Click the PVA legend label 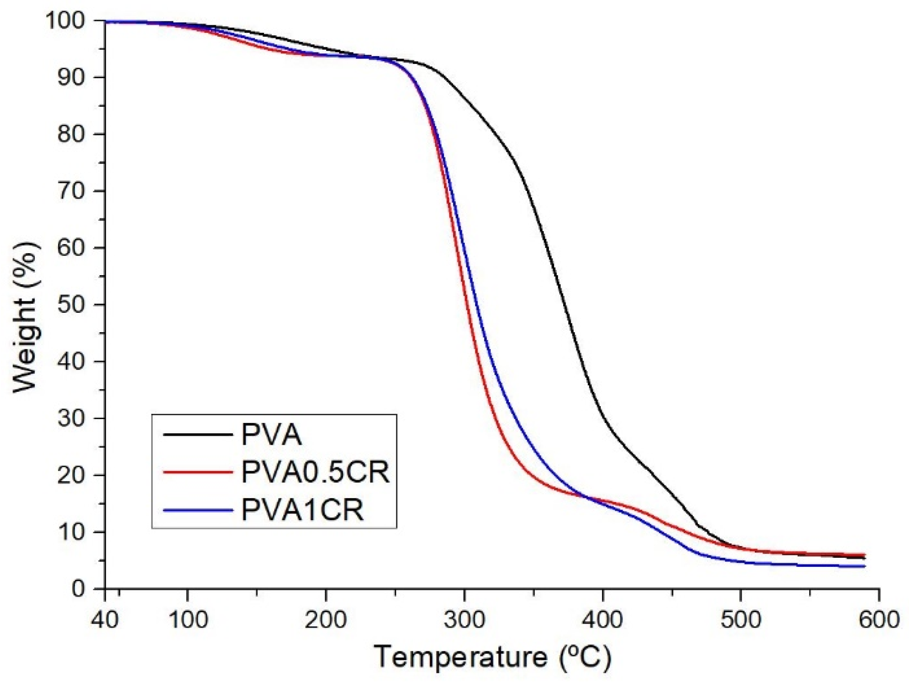[271, 434]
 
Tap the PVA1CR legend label [303, 510]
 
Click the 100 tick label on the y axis [71, 21]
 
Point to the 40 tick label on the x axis [104, 620]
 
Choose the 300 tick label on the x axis [465, 620]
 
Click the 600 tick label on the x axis [879, 620]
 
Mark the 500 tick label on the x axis [741, 620]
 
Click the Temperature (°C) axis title [492, 657]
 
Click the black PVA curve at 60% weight [548, 248]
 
